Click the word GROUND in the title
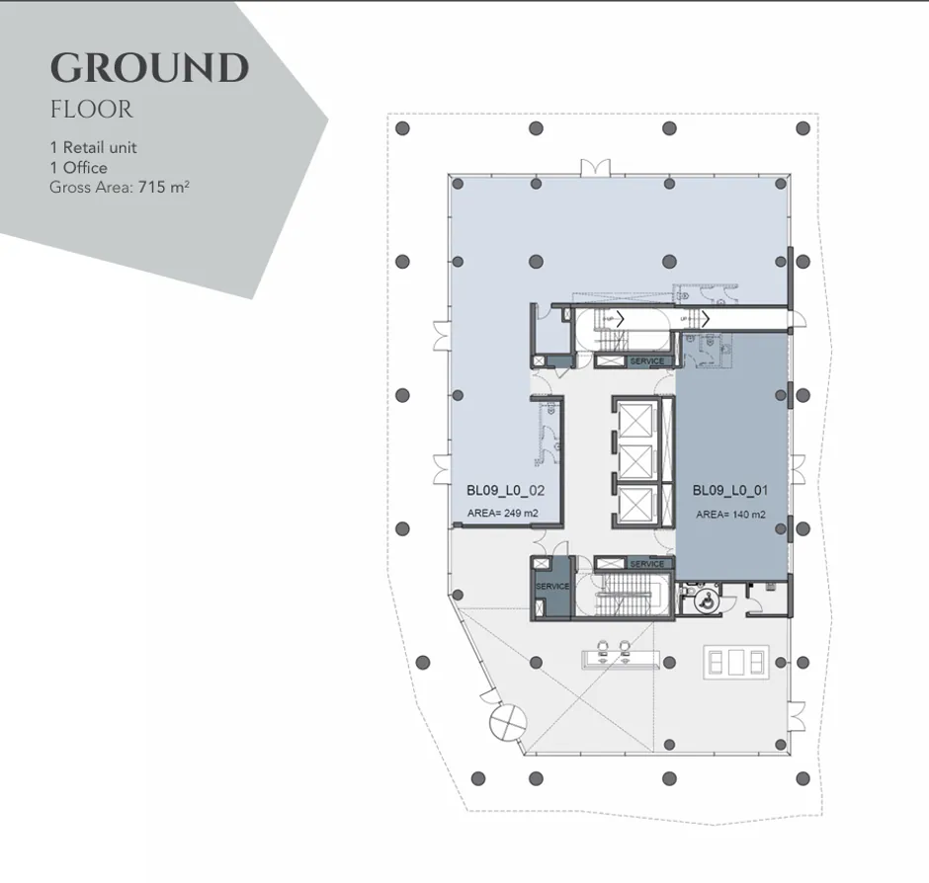[149, 68]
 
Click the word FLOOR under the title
[91, 109]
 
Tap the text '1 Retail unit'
[93, 147]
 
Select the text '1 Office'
[78, 167]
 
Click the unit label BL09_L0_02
[506, 489]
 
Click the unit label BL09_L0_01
[730, 489]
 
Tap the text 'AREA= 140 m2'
[730, 515]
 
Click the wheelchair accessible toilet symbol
[705, 600]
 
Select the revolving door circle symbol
[505, 722]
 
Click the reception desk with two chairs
[612, 654]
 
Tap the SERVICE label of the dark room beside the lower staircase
[552, 587]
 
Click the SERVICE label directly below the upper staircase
[646, 361]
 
